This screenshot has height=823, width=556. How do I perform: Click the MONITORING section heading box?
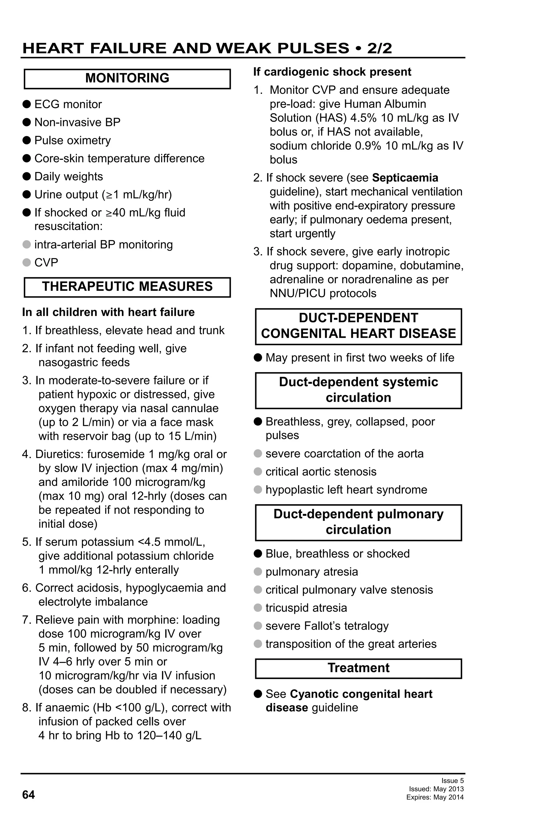[127, 78]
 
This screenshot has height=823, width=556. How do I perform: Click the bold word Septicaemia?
[405, 178]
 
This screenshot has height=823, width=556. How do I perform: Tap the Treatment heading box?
[358, 668]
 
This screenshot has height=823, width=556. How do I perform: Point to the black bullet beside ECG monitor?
[27, 104]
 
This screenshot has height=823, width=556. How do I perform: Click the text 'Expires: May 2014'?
[435, 798]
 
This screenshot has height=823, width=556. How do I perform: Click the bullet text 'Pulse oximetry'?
[73, 141]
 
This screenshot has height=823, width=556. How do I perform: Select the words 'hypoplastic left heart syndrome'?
[346, 490]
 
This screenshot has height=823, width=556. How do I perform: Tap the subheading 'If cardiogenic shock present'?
[332, 72]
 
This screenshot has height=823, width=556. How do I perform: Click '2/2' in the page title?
[380, 48]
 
